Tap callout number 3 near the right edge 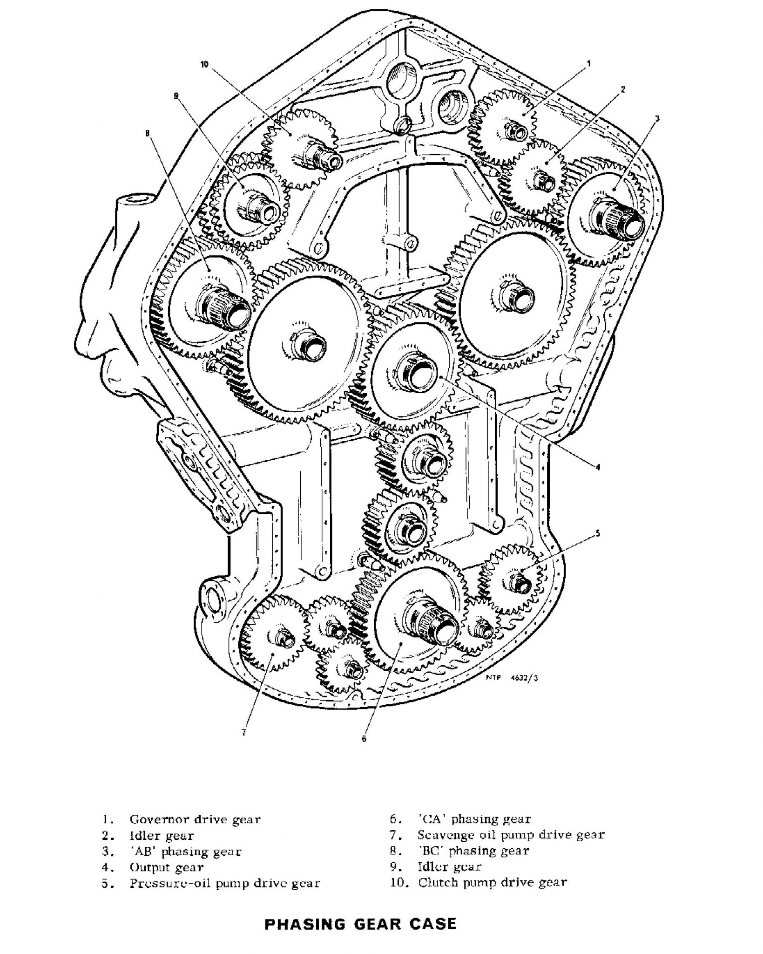coord(657,118)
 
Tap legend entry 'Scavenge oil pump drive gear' coord(511,835)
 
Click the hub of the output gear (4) coord(418,371)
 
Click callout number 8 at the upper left coord(147,134)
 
